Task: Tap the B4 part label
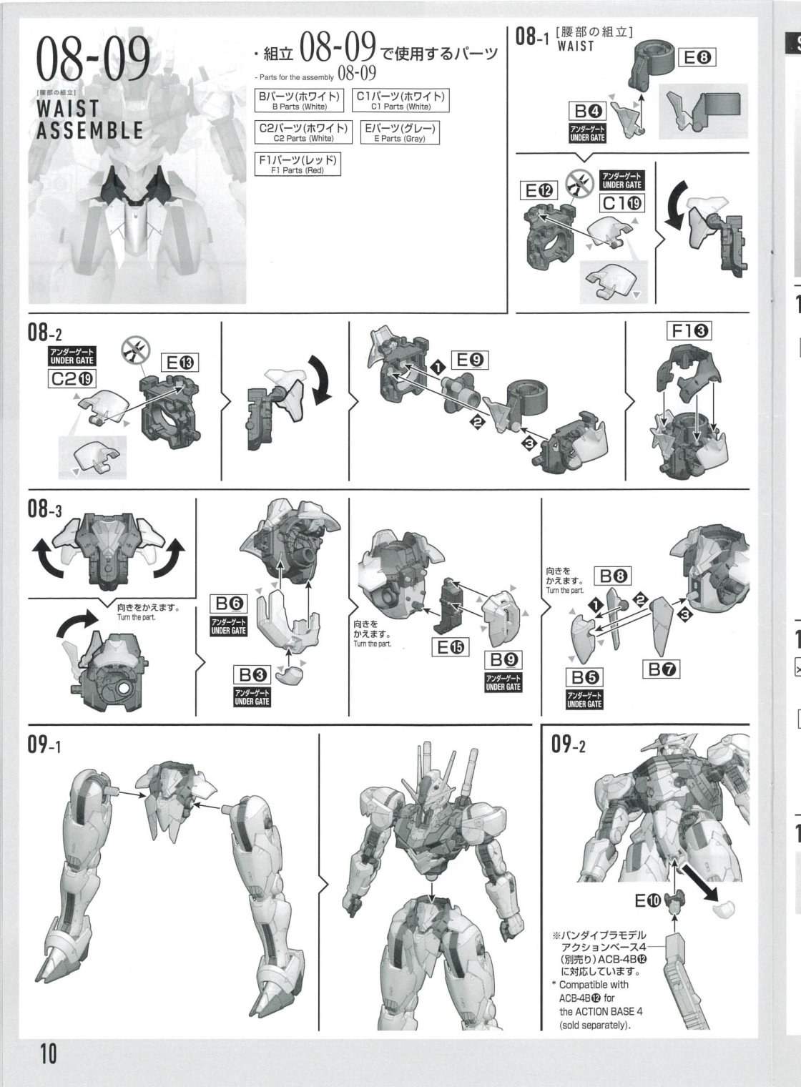[x=588, y=112]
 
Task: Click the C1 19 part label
[x=622, y=203]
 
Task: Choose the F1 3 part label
[x=689, y=331]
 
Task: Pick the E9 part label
[x=470, y=360]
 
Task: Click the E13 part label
[x=180, y=363]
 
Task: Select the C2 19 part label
[x=72, y=378]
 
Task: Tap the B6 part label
[x=229, y=604]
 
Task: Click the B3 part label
[x=252, y=674]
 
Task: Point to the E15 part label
[x=451, y=647]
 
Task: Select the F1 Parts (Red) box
[x=298, y=164]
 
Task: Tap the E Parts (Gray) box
[x=400, y=132]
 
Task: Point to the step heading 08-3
[x=44, y=508]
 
